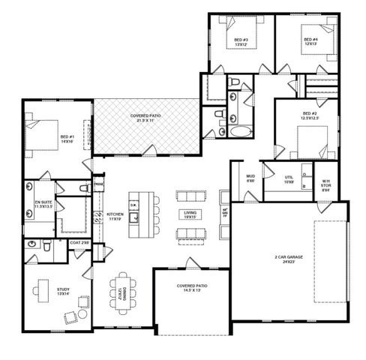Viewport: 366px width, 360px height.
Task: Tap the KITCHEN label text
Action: pos(115,215)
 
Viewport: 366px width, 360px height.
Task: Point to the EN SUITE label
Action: pos(43,204)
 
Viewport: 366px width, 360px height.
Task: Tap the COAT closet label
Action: pos(80,242)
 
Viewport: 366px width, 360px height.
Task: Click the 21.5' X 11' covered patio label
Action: pos(145,118)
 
